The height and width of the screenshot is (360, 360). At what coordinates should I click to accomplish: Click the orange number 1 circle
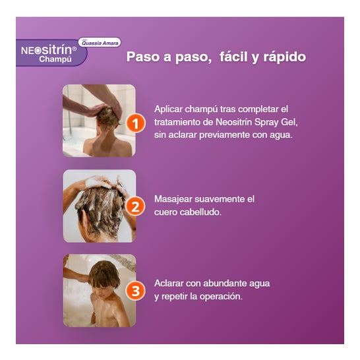point(135,123)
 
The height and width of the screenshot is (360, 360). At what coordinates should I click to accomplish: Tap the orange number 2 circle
point(135,206)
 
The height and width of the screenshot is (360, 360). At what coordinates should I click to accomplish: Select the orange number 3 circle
point(135,291)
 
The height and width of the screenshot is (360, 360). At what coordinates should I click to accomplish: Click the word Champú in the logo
point(55,59)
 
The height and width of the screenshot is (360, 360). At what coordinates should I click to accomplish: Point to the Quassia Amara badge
point(100,42)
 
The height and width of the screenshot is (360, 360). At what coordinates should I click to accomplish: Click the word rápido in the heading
point(284,57)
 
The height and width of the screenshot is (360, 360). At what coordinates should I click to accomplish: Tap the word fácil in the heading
point(233,56)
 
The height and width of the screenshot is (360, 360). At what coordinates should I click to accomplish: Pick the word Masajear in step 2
point(173,200)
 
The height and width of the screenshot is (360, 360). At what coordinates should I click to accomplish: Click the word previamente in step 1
point(224,135)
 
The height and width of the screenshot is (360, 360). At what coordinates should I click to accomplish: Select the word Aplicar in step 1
point(168,109)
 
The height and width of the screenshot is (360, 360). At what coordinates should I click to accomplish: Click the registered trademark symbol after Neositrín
point(74,49)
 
